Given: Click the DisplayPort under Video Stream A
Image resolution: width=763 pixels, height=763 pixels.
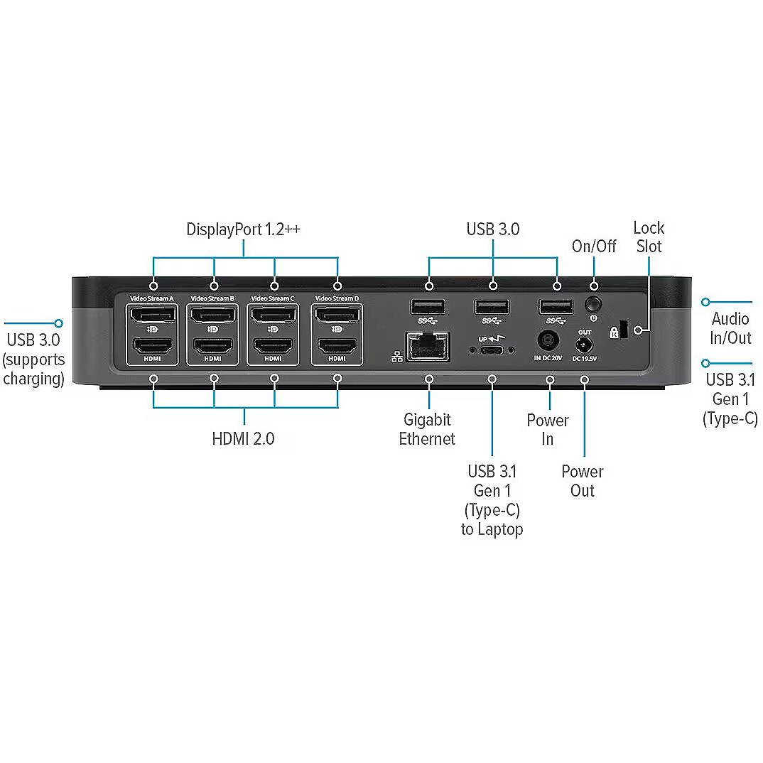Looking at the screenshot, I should click(x=152, y=315).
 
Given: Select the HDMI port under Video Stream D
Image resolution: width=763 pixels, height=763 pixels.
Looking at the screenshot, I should click(x=337, y=347).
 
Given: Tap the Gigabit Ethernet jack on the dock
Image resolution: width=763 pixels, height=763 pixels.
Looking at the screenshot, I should click(x=427, y=347).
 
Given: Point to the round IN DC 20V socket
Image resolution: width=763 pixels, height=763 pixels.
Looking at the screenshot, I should click(x=548, y=340).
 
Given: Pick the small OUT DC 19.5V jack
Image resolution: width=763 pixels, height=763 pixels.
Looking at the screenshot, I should click(x=584, y=346).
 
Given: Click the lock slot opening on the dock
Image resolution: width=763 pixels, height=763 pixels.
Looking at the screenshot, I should click(x=624, y=330).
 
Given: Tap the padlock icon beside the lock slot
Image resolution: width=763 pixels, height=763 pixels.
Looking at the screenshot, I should click(x=613, y=332).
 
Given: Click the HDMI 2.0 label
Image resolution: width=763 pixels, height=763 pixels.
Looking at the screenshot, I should click(x=243, y=438).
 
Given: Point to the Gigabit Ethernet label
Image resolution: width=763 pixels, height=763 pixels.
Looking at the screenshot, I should click(x=427, y=429).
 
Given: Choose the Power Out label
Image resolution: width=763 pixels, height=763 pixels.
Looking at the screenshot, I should click(x=582, y=481).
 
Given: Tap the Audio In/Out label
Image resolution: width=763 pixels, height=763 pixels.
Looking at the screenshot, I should click(x=730, y=328).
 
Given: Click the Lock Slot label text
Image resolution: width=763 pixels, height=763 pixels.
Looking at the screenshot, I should click(x=649, y=237).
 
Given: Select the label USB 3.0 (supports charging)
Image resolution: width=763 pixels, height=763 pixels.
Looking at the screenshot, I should click(x=33, y=359).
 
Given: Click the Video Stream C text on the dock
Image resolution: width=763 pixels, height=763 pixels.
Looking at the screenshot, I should click(x=273, y=298).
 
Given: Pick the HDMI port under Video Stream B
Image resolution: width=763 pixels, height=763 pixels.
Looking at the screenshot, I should click(x=213, y=347).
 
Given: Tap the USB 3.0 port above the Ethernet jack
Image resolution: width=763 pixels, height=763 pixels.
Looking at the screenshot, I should click(x=428, y=307).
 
